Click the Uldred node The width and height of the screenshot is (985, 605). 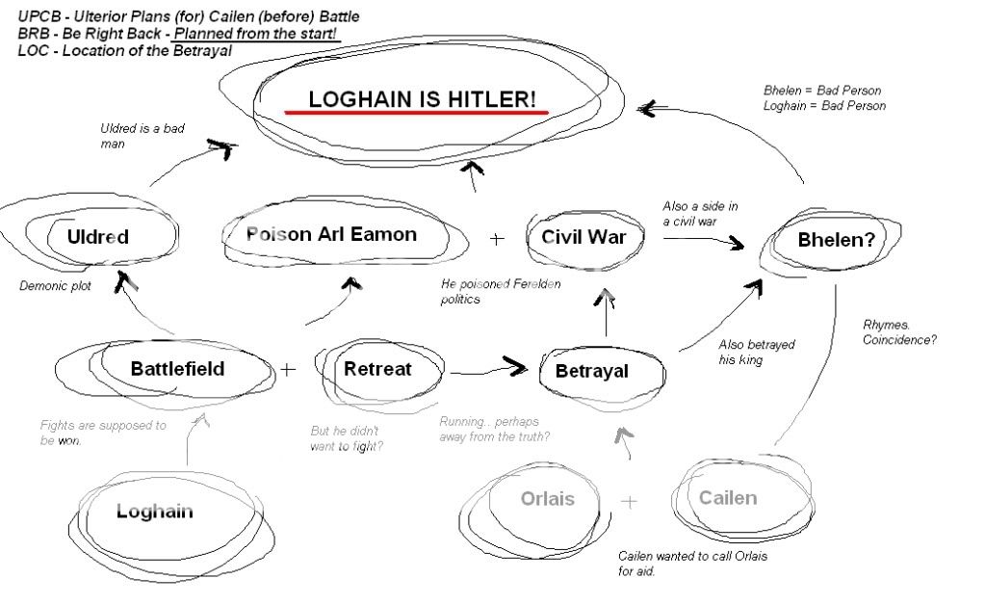coord(98,237)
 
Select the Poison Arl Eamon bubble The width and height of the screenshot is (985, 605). coord(331,234)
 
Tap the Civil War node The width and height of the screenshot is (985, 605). coord(583,237)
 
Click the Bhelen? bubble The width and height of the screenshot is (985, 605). coord(837,240)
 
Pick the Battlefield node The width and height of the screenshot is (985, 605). coord(177,368)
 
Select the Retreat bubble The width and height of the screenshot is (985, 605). coord(377,368)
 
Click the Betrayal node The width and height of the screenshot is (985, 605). coord(591,371)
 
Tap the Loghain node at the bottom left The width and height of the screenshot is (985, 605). coord(154,512)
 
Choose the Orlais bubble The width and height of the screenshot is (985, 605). coord(547,499)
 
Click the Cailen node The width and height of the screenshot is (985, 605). coord(728,498)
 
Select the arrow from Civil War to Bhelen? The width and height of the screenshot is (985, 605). coord(703,241)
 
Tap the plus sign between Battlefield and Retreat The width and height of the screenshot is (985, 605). coord(289,368)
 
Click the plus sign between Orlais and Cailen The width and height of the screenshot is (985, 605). coord(629,501)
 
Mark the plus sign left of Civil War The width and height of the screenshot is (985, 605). coord(497,239)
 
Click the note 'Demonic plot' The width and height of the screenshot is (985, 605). coord(55,286)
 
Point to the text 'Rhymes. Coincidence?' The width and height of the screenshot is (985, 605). coord(899,332)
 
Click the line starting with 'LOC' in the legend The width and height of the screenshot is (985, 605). coord(124,50)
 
